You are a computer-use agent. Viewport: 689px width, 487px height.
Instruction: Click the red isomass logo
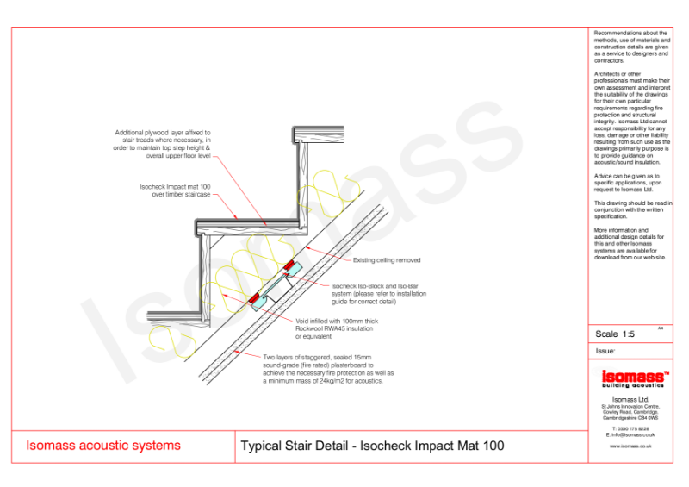(631, 376)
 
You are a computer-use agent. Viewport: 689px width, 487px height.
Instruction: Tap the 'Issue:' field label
(605, 352)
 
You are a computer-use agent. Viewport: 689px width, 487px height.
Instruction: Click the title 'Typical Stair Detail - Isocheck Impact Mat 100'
(372, 446)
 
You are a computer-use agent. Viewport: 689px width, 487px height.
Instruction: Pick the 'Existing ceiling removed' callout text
(387, 259)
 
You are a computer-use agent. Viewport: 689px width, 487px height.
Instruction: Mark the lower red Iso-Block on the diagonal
(257, 299)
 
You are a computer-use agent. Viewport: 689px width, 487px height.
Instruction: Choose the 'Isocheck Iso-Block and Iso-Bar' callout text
(378, 293)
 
